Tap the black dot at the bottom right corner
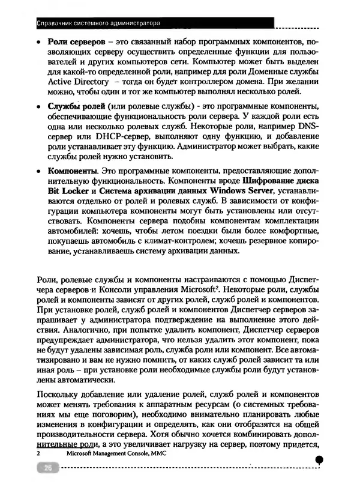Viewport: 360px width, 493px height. (x=319, y=459)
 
